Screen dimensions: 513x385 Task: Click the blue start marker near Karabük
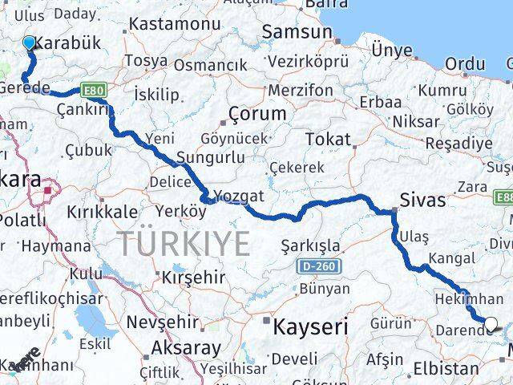pyautogui.click(x=30, y=43)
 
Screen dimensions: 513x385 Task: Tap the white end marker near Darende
pyautogui.click(x=491, y=324)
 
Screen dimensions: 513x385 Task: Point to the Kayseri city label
pyautogui.click(x=310, y=326)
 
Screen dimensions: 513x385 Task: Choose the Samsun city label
pyautogui.click(x=297, y=32)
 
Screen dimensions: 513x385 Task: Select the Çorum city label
pyautogui.click(x=256, y=113)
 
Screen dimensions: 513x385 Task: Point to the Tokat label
pyautogui.click(x=328, y=139)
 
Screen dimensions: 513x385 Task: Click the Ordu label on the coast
pyautogui.click(x=465, y=63)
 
